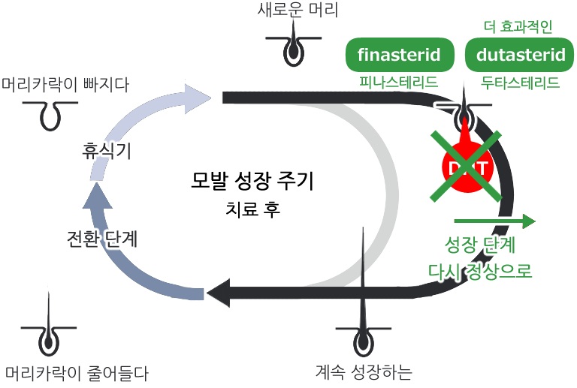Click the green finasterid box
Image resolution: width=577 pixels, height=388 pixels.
tap(400, 55)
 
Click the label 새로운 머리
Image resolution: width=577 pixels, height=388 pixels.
tap(298, 11)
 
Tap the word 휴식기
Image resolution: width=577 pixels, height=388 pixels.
tap(107, 152)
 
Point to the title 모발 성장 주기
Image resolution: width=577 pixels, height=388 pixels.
tap(252, 182)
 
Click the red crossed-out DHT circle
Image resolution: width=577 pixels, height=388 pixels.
tap(465, 166)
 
